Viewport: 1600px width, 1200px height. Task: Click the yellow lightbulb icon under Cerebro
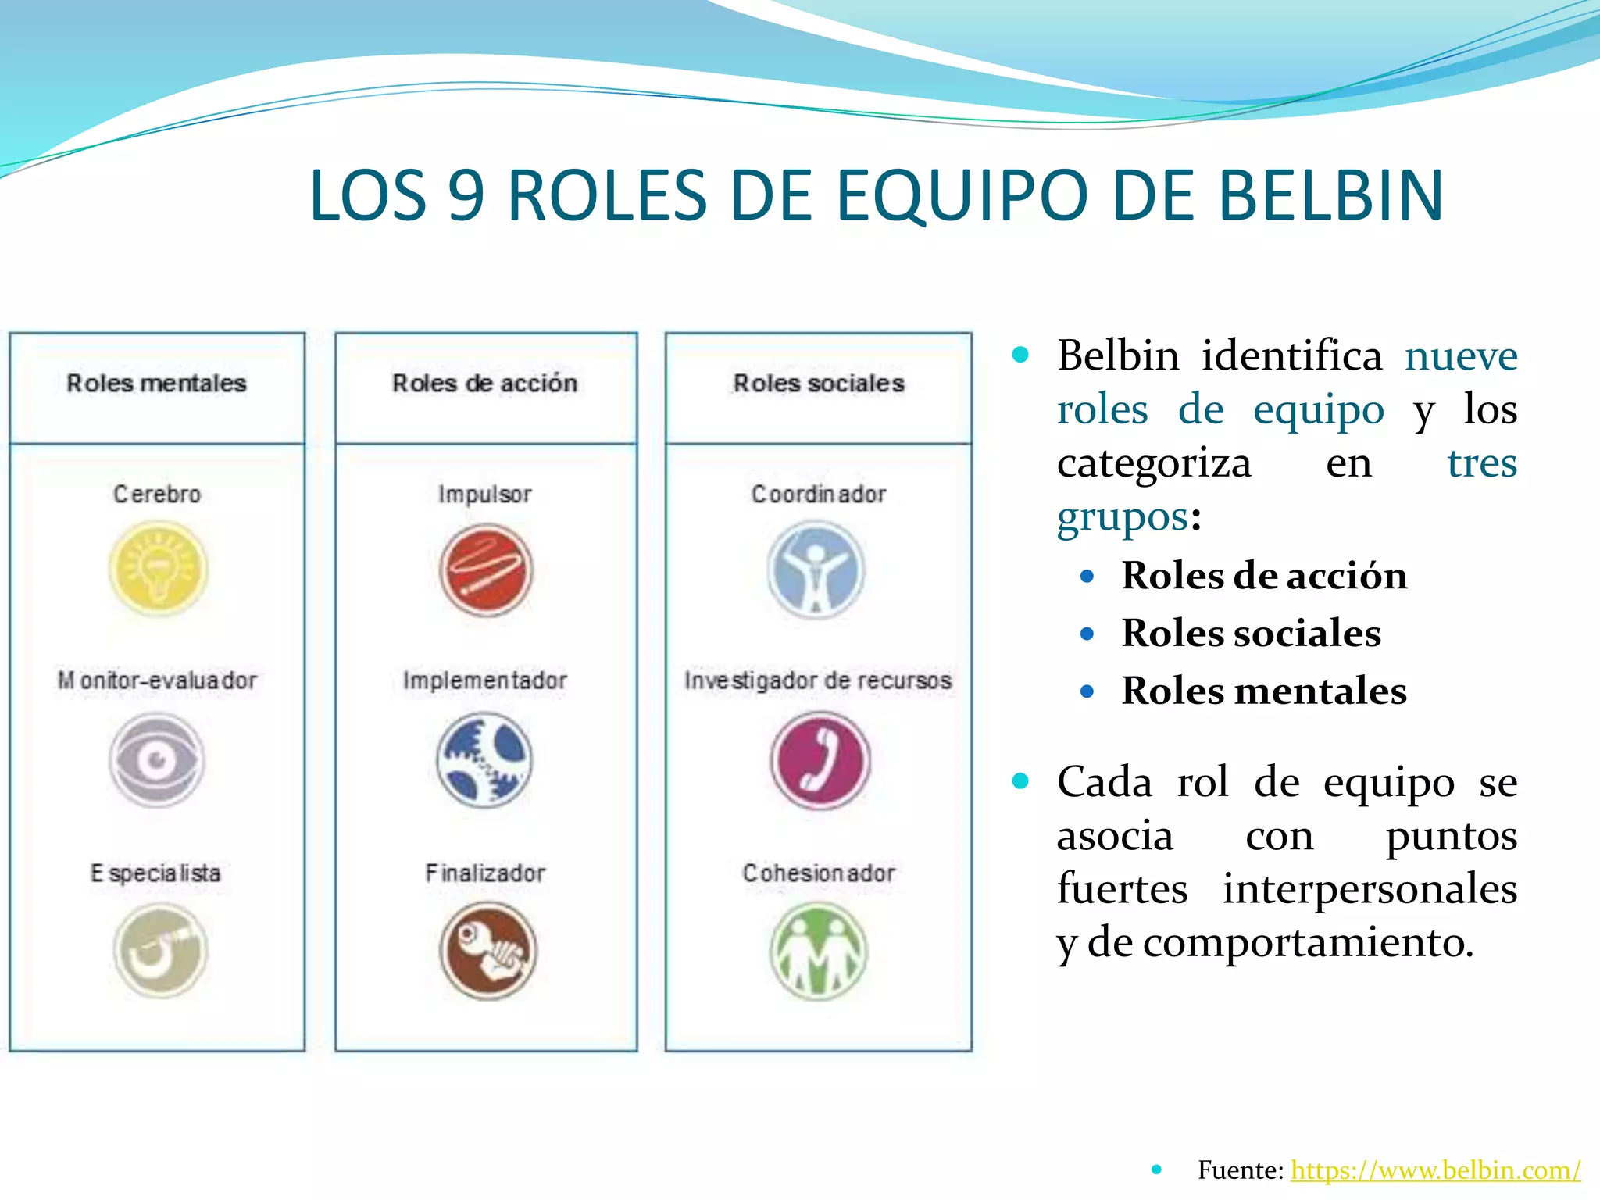[x=159, y=569]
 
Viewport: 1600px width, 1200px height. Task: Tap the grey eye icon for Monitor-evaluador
[x=157, y=759]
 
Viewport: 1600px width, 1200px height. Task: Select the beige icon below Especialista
[x=160, y=951]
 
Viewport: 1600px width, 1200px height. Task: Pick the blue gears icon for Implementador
[x=484, y=759]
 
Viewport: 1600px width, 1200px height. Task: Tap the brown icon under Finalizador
[x=488, y=951]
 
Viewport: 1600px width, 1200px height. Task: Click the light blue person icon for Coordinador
[x=816, y=570]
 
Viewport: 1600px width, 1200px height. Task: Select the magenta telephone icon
[x=820, y=759]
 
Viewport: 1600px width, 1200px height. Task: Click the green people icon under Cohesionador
[x=818, y=951]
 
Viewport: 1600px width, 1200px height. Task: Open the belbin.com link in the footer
[x=1435, y=1170]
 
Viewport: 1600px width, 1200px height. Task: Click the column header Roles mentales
[x=156, y=383]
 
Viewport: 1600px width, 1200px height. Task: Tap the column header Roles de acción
[x=484, y=383]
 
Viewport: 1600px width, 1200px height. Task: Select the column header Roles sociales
[x=818, y=383]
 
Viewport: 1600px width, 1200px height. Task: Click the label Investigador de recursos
[x=818, y=680]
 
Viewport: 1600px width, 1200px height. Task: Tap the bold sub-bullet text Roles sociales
[x=1251, y=633]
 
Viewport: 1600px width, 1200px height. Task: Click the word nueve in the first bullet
[x=1460, y=356]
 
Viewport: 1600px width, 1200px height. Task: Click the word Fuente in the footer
[x=1239, y=1170]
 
